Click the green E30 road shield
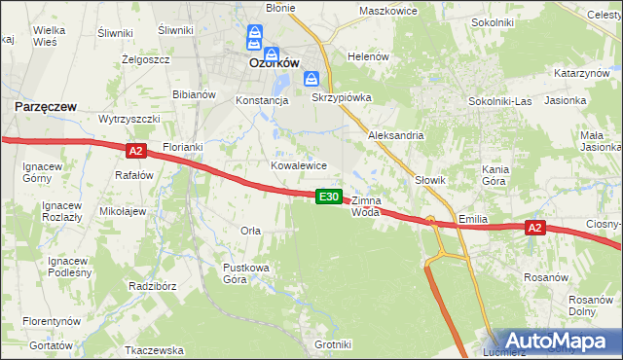329,197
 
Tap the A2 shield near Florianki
135,151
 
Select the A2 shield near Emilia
533,228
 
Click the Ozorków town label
274,61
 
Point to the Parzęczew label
45,104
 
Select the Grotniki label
333,344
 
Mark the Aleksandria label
395,135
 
